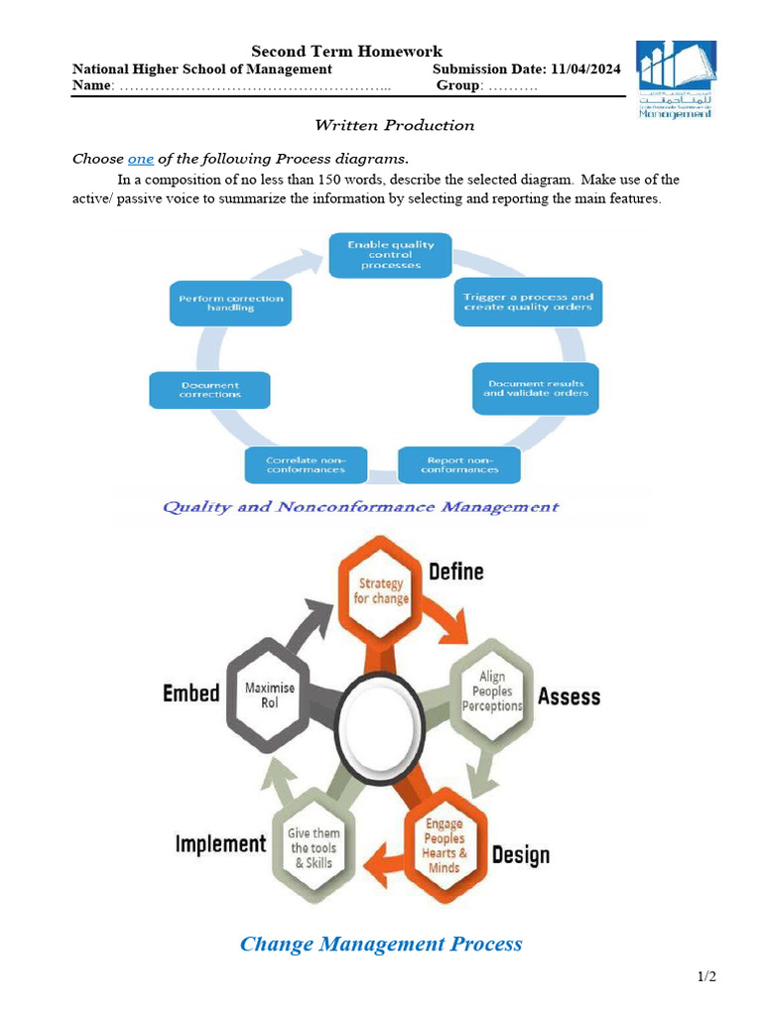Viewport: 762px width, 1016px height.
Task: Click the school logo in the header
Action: point(674,79)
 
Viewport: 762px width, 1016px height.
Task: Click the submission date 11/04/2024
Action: point(582,69)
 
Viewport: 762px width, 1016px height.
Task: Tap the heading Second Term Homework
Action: point(346,52)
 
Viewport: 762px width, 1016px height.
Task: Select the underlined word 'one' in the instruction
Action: point(141,159)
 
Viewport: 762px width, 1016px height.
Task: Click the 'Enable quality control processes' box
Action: point(390,254)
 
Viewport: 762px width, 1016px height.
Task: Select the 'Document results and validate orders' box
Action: point(536,388)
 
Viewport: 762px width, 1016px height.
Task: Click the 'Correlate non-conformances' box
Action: point(306,464)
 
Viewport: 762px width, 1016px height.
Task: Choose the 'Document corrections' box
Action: point(209,389)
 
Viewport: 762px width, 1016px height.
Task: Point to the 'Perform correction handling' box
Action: point(231,303)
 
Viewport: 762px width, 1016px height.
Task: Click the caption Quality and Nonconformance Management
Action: point(360,507)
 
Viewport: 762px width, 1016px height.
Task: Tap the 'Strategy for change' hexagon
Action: point(380,591)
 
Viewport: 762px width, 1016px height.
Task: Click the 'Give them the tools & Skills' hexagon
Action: point(313,848)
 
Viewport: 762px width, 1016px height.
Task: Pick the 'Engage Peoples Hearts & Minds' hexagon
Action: point(444,845)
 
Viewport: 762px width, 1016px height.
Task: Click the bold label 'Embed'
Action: point(190,694)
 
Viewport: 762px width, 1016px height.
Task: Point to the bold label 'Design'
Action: point(520,855)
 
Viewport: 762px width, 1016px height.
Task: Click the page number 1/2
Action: point(706,977)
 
